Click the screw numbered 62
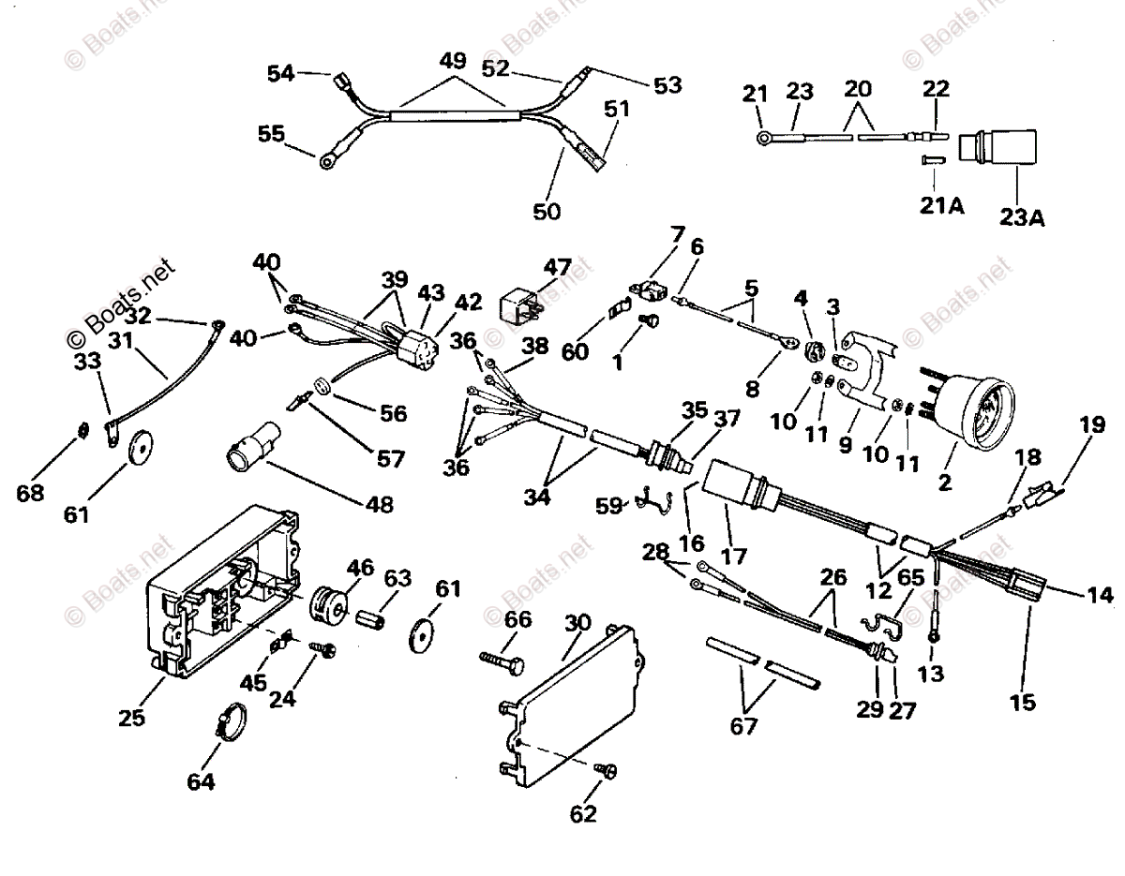[x=605, y=769]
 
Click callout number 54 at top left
[x=280, y=73]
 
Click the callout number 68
[x=31, y=493]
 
